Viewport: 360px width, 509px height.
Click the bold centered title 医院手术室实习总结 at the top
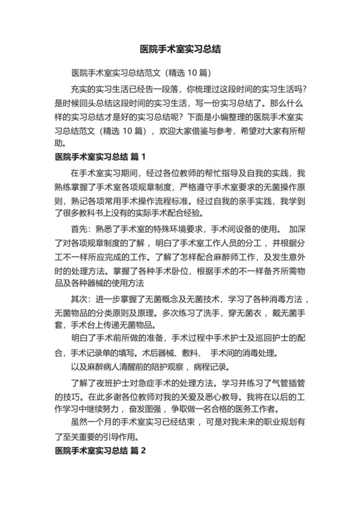(180, 48)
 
